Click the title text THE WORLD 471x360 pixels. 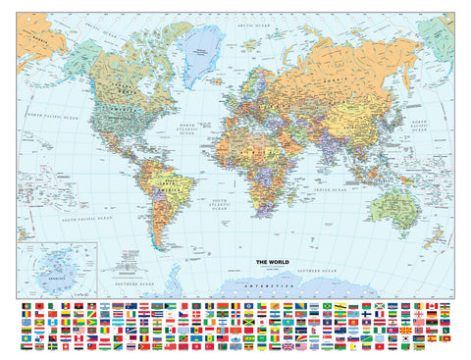[269, 261]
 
